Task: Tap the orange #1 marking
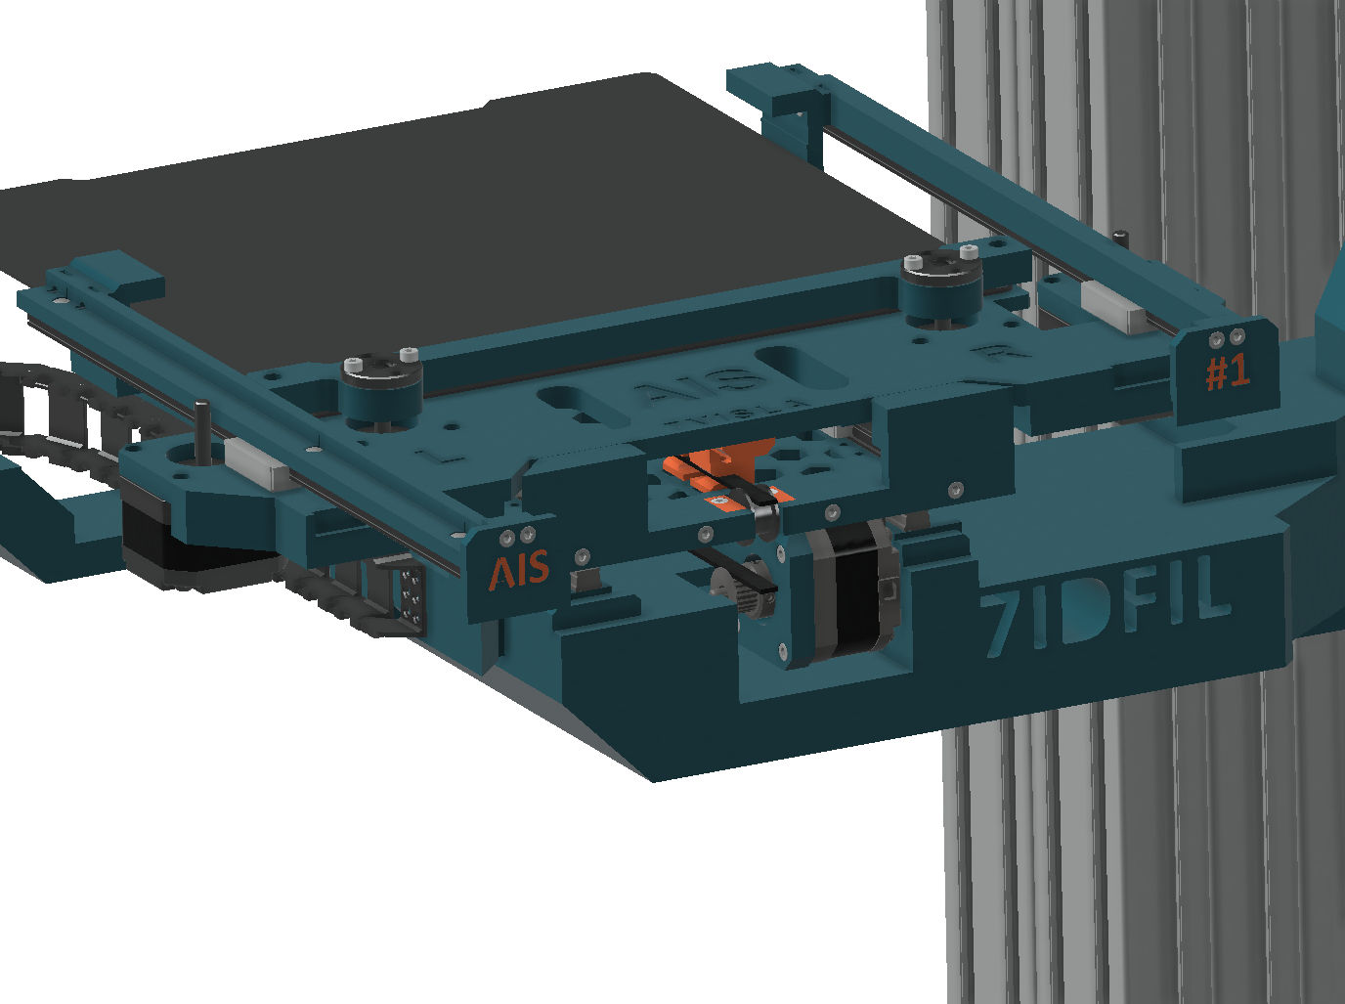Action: (x=1227, y=372)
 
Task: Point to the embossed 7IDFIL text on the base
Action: (x=1105, y=611)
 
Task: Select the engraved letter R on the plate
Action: (x=994, y=353)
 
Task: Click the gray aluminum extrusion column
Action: (x=1124, y=831)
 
